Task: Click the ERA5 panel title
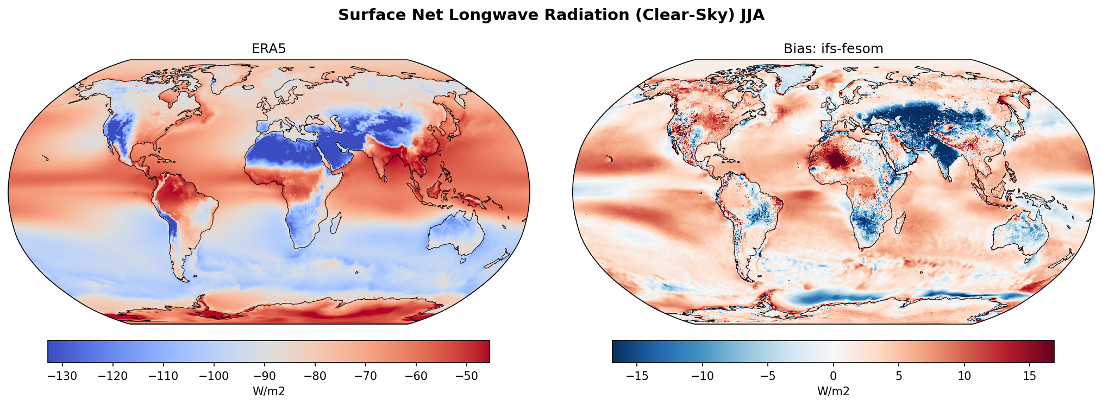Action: [x=268, y=49]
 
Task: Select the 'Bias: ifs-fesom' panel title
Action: [x=833, y=49]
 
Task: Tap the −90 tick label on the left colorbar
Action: [x=265, y=376]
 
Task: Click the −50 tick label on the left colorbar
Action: [x=467, y=376]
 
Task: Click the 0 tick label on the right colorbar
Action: [x=833, y=376]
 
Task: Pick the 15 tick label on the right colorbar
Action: [x=1029, y=376]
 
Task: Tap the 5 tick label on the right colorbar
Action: [x=899, y=376]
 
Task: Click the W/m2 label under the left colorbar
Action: [x=268, y=391]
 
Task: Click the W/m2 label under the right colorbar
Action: [x=833, y=391]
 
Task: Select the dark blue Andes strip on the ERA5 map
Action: [x=171, y=225]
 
